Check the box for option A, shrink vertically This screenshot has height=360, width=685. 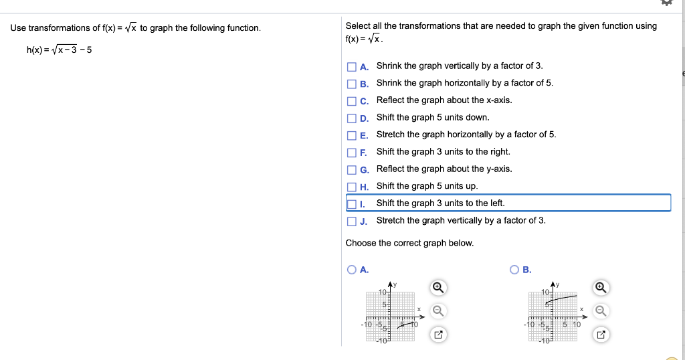click(351, 67)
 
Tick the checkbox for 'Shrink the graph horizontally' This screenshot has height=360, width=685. click(351, 84)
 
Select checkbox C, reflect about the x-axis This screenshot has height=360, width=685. click(351, 101)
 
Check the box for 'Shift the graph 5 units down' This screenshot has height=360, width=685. click(351, 118)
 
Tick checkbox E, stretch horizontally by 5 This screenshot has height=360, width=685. click(351, 135)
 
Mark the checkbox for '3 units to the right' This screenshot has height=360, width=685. click(351, 153)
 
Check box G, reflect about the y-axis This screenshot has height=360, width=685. click(351, 170)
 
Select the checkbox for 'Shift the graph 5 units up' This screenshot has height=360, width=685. click(351, 187)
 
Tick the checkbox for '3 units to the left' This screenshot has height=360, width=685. click(351, 203)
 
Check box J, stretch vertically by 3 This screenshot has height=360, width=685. click(351, 221)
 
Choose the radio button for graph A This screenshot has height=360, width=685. click(352, 270)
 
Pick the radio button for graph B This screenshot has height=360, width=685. click(514, 270)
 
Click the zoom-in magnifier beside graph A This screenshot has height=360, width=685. click(437, 288)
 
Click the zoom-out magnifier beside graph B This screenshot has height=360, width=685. click(601, 310)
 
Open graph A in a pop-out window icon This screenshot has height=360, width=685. click(437, 333)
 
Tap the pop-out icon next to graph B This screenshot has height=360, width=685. click(601, 333)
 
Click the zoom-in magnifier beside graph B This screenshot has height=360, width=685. click(601, 288)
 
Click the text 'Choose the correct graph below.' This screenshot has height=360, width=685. click(409, 243)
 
